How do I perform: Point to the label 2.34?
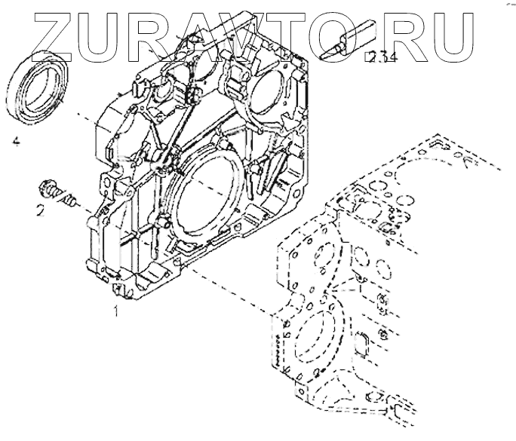pyautogui.click(x=378, y=57)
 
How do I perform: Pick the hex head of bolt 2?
pyautogui.click(x=48, y=188)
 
